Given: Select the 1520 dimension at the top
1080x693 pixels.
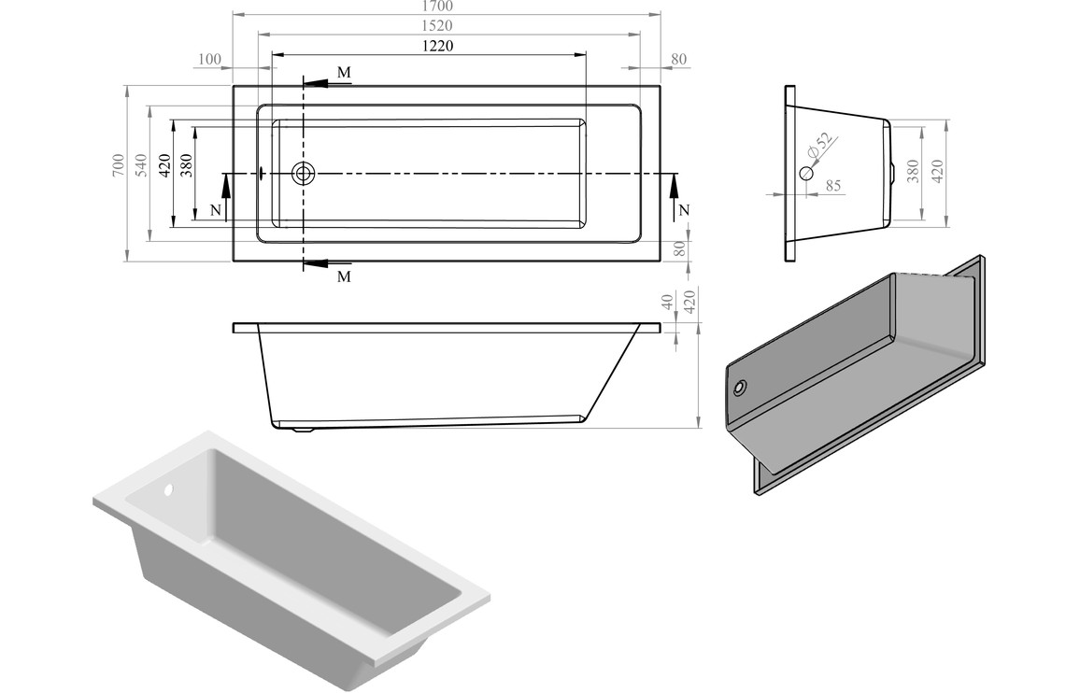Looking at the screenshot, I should pos(445,25).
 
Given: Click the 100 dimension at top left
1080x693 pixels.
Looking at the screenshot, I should pos(209,60).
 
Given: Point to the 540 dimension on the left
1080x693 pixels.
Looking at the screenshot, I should pos(141,165).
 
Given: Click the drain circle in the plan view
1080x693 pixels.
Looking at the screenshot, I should pos(304,173).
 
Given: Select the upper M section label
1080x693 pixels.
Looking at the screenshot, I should pos(344,72).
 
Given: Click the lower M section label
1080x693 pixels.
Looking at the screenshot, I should pos(344,277).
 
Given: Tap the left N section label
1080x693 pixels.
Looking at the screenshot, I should pos(216,210).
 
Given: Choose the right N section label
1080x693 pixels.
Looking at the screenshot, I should pos(683,210).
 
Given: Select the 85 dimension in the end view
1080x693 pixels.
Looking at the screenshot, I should pos(832,186).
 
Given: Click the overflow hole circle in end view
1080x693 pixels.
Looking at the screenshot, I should pos(807,173).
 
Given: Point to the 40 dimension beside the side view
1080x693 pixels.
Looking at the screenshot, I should pos(667,303).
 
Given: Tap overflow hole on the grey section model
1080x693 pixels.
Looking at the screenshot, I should pos(741,388).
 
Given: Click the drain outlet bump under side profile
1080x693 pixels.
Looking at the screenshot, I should pos(301,430).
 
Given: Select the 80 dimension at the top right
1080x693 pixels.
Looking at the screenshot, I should pos(679,60).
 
